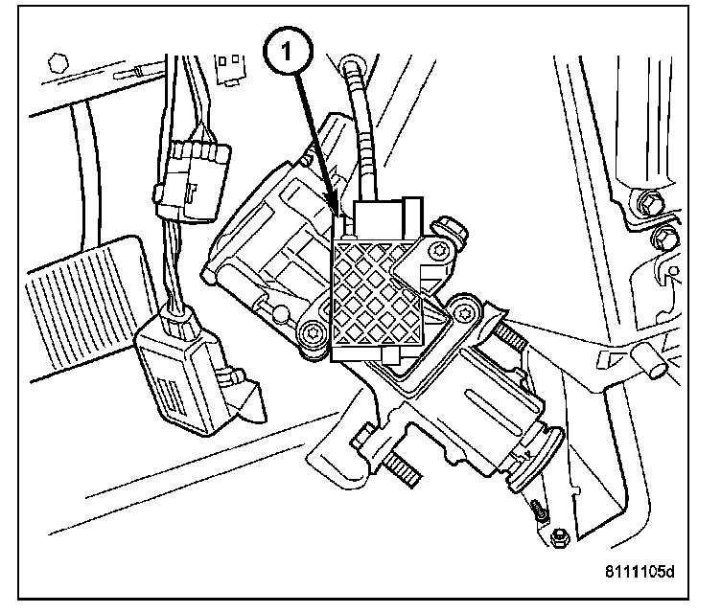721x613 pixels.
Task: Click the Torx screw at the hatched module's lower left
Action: coord(312,334)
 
